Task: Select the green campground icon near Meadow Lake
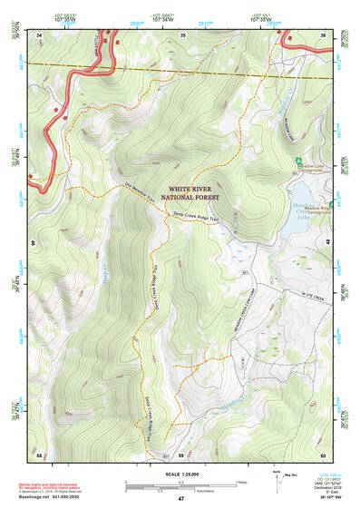pyautogui.click(x=297, y=161)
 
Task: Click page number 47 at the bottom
pyautogui.click(x=180, y=499)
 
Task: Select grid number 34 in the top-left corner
pyautogui.click(x=39, y=35)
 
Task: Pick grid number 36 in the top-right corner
pyautogui.click(x=323, y=35)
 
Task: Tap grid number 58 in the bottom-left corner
pyautogui.click(x=39, y=454)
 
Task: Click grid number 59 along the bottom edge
pyautogui.click(x=181, y=454)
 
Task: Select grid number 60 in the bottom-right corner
pyautogui.click(x=323, y=454)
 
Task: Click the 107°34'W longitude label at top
pyautogui.click(x=163, y=17)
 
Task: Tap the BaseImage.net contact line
pyautogui.click(x=56, y=497)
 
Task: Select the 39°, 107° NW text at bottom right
pyautogui.click(x=327, y=498)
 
